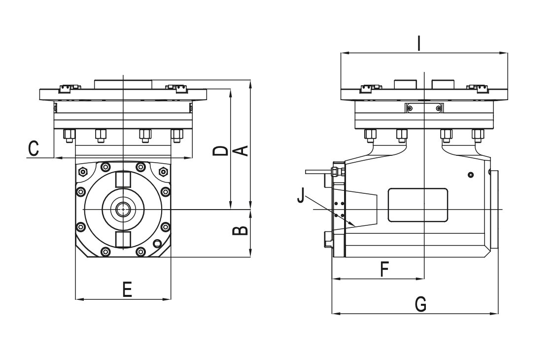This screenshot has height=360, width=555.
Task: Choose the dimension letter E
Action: (x=127, y=289)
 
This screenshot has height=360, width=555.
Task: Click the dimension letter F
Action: (x=385, y=269)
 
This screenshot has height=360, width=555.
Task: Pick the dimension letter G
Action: (x=420, y=304)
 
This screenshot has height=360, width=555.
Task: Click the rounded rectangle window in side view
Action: (x=418, y=205)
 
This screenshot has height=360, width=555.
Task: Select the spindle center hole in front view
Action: (x=123, y=210)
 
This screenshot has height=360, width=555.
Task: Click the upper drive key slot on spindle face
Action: (x=123, y=179)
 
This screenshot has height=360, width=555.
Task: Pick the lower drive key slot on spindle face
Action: (x=123, y=240)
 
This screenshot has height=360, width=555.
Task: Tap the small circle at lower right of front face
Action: (x=157, y=244)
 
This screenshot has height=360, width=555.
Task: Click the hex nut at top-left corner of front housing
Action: (x=83, y=172)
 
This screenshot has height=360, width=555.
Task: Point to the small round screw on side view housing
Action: (x=471, y=175)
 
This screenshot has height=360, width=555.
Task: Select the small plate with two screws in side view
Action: (x=424, y=108)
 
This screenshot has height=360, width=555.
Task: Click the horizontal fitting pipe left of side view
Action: (x=318, y=172)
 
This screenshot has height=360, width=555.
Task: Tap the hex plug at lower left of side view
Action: (x=327, y=240)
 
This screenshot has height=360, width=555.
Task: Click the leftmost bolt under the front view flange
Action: (x=69, y=135)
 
